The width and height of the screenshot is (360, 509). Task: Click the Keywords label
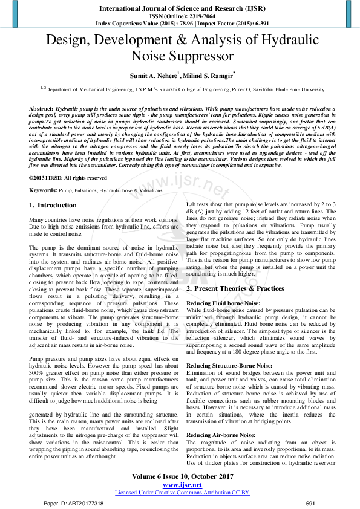44,190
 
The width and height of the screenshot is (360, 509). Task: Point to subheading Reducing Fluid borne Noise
224,303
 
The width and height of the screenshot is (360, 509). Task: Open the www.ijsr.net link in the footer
182,485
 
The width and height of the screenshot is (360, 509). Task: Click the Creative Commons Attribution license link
182,493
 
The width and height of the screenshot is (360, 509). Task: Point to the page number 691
311,503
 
